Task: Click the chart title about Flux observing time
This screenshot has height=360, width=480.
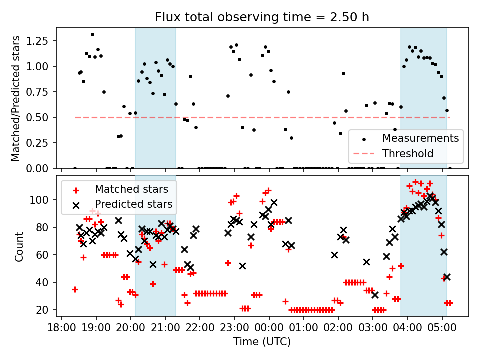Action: click(x=262, y=18)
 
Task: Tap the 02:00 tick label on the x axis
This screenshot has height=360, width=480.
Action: click(x=338, y=328)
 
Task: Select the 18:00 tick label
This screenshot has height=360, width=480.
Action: click(x=61, y=328)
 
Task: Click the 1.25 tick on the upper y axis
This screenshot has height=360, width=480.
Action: click(x=42, y=41)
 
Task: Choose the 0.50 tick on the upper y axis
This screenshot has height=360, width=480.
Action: click(x=42, y=117)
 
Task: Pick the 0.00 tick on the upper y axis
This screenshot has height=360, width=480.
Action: click(x=42, y=168)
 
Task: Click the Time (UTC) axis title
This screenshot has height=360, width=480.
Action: click(x=262, y=342)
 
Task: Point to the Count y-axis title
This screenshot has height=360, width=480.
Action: click(x=19, y=246)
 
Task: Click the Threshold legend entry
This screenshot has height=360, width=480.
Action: click(x=408, y=153)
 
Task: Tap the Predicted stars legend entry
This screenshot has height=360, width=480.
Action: click(x=133, y=204)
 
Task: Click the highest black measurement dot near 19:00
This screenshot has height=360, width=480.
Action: click(x=92, y=34)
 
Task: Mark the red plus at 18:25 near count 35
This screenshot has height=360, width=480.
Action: click(x=75, y=289)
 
